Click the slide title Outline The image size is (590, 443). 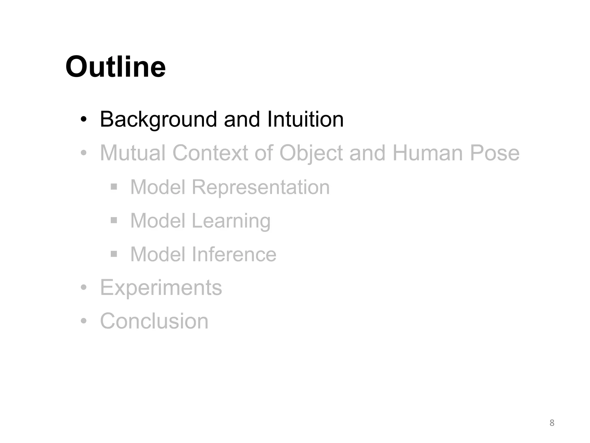click(116, 67)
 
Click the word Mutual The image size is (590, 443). click(133, 153)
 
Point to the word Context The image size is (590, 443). click(210, 153)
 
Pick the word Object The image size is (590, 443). click(311, 153)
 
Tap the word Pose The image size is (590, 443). click(495, 153)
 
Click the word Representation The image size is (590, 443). click(260, 187)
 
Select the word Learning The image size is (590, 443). click(231, 221)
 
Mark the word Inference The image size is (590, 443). click(234, 254)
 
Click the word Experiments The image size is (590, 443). click(161, 288)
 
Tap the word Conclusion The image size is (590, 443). click(154, 321)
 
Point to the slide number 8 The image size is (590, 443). click(552, 423)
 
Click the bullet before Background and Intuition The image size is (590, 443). click(84, 119)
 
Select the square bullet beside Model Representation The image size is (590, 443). click(114, 187)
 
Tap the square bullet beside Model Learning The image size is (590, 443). click(114, 221)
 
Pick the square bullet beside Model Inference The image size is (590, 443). click(114, 254)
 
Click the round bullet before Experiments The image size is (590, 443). click(84, 288)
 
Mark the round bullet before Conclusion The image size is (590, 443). click(84, 321)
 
